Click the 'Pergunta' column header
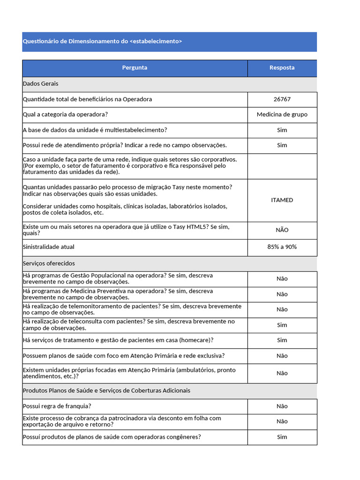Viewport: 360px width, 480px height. pos(135,67)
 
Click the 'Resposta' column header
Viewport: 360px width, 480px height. pos(282,67)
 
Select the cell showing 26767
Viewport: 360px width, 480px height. pos(282,99)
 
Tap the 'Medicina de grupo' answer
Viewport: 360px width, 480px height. pos(282,114)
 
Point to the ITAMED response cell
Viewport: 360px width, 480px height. pos(282,200)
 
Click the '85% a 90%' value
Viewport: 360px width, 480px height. pos(282,247)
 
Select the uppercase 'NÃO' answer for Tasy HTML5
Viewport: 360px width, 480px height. pos(282,230)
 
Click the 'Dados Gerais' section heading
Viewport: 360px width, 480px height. pos(40,84)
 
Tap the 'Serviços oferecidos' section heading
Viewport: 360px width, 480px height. pos(49,263)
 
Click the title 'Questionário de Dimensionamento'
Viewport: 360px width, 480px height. pos(102,41)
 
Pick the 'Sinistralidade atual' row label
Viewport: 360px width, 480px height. pos(49,247)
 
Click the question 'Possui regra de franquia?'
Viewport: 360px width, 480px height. pos(57,406)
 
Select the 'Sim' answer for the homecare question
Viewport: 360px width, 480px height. pos(282,340)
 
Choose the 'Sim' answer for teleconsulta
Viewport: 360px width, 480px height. pos(282,325)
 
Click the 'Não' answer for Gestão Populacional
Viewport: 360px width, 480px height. pos(282,279)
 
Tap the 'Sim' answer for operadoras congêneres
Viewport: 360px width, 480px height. pos(282,437)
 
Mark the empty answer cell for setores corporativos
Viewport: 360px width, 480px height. pos(282,166)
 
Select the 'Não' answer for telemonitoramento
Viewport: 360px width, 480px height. pos(282,309)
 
